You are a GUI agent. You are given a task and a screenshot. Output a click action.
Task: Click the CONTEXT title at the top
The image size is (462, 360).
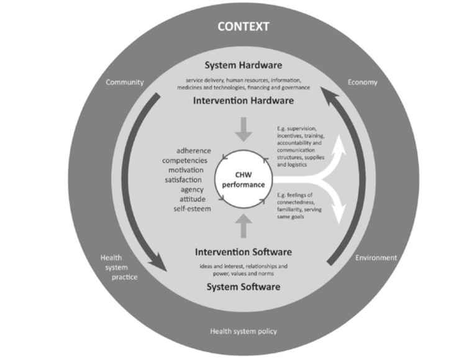[243, 27]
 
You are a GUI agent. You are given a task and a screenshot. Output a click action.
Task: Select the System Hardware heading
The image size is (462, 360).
[243, 65]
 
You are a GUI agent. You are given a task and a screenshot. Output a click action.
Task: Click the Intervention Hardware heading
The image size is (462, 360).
[243, 100]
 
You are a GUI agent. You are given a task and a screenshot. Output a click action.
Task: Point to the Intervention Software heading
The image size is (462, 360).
[243, 253]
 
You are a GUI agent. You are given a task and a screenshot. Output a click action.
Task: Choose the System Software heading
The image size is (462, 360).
[243, 287]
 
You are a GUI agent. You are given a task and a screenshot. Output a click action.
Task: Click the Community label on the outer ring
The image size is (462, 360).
[125, 83]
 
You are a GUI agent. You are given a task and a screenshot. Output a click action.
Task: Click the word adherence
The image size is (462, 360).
[193, 150]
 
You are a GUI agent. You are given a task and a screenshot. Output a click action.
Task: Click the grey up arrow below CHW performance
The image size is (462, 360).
[243, 223]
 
